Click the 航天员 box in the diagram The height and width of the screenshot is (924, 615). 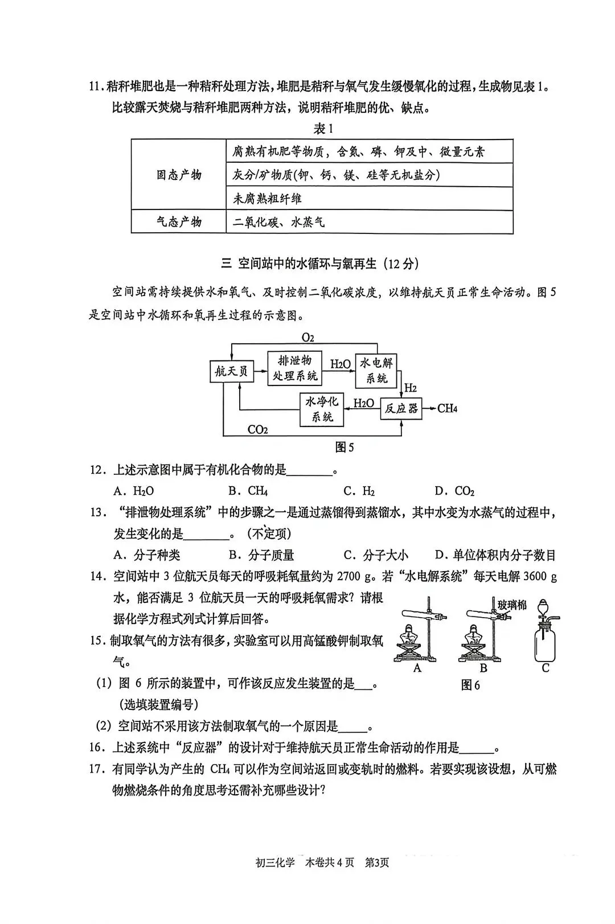tap(231, 371)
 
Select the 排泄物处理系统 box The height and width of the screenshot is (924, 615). tap(294, 368)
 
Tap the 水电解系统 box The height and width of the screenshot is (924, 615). tap(376, 369)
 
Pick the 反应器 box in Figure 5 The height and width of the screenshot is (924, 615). tap(401, 408)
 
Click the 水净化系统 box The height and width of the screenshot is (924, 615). tap(322, 409)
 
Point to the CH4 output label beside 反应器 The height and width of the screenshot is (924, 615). tap(448, 408)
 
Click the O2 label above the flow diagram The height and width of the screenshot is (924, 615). tap(307, 338)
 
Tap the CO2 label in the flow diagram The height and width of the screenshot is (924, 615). tap(257, 429)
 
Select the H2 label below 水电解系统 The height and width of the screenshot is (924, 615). tap(410, 388)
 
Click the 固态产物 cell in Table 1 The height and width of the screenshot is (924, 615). tap(179, 175)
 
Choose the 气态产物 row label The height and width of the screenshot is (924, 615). tap(179, 221)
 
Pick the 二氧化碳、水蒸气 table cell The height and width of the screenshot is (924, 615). tap(279, 222)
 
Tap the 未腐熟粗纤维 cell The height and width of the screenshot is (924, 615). tap(268, 199)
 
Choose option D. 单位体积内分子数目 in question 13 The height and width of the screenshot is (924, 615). tap(495, 555)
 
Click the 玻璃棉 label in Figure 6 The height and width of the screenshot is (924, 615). tap(512, 604)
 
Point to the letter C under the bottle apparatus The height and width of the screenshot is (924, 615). tap(545, 668)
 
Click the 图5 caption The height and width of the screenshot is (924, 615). tap(345, 447)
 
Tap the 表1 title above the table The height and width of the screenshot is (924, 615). tap(323, 129)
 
